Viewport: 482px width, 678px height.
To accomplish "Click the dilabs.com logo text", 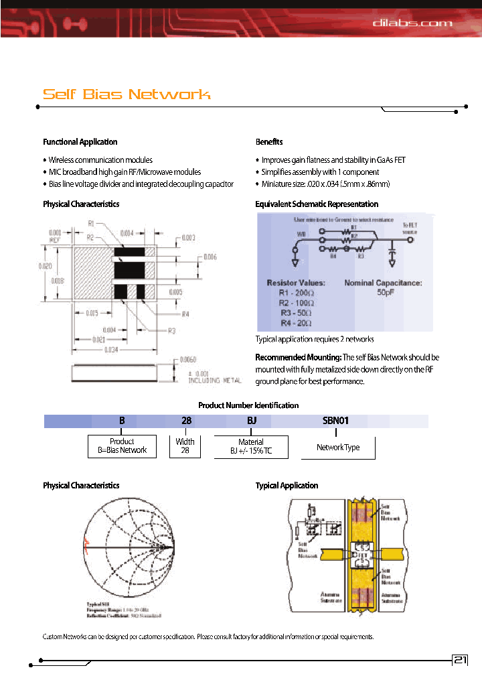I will pos(412,23).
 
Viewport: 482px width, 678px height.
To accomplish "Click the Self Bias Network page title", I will pos(127,94).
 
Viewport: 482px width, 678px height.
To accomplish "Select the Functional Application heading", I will pos(80,142).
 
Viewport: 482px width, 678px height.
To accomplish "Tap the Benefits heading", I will pos(269,142).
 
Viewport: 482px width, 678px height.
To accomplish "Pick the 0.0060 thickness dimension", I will pos(189,360).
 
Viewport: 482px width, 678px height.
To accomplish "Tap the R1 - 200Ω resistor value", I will pos(297,293).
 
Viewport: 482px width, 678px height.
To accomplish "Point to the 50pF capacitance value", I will pos(382,293).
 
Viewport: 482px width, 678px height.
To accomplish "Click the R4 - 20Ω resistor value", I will pos(296,322).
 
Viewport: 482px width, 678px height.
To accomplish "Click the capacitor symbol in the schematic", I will pos(392,250).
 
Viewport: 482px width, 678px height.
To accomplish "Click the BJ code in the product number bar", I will pos(248,421).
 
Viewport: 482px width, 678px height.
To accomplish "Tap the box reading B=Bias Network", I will pos(122,446).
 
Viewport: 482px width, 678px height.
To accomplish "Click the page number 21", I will pos(461,660).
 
